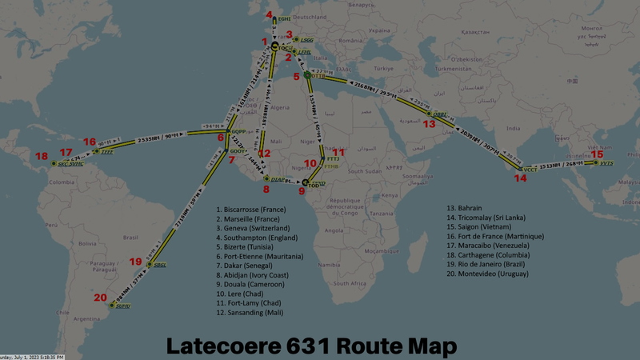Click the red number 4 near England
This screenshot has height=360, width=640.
[270, 14]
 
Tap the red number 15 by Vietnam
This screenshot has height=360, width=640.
[597, 154]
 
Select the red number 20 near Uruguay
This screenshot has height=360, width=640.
[100, 298]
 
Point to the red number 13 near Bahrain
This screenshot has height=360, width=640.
[430, 124]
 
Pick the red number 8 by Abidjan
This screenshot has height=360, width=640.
[266, 190]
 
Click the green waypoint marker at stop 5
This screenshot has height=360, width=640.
[308, 75]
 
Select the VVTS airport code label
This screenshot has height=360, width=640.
[606, 162]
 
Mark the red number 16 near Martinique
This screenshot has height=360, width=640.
[89, 142]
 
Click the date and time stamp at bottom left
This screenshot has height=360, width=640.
[32, 357]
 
